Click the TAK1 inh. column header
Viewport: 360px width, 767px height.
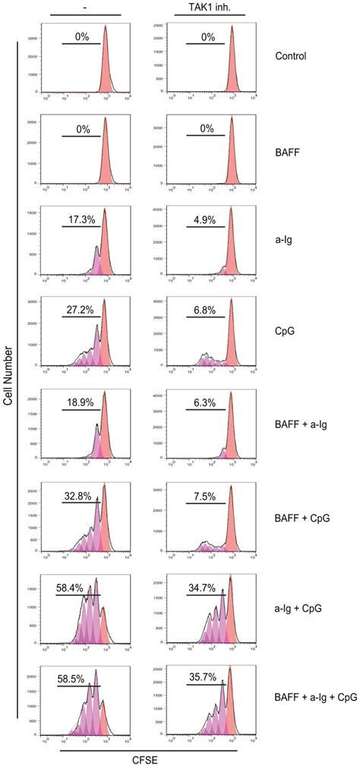coord(209,5)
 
